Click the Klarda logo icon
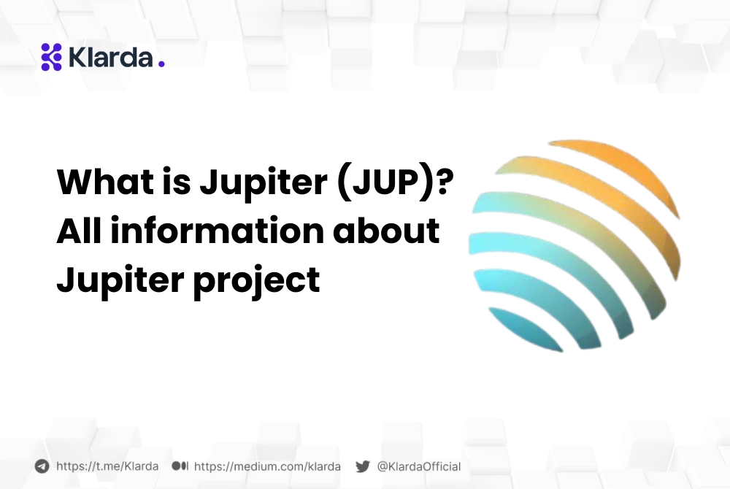click(51, 57)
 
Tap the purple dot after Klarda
click(161, 64)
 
